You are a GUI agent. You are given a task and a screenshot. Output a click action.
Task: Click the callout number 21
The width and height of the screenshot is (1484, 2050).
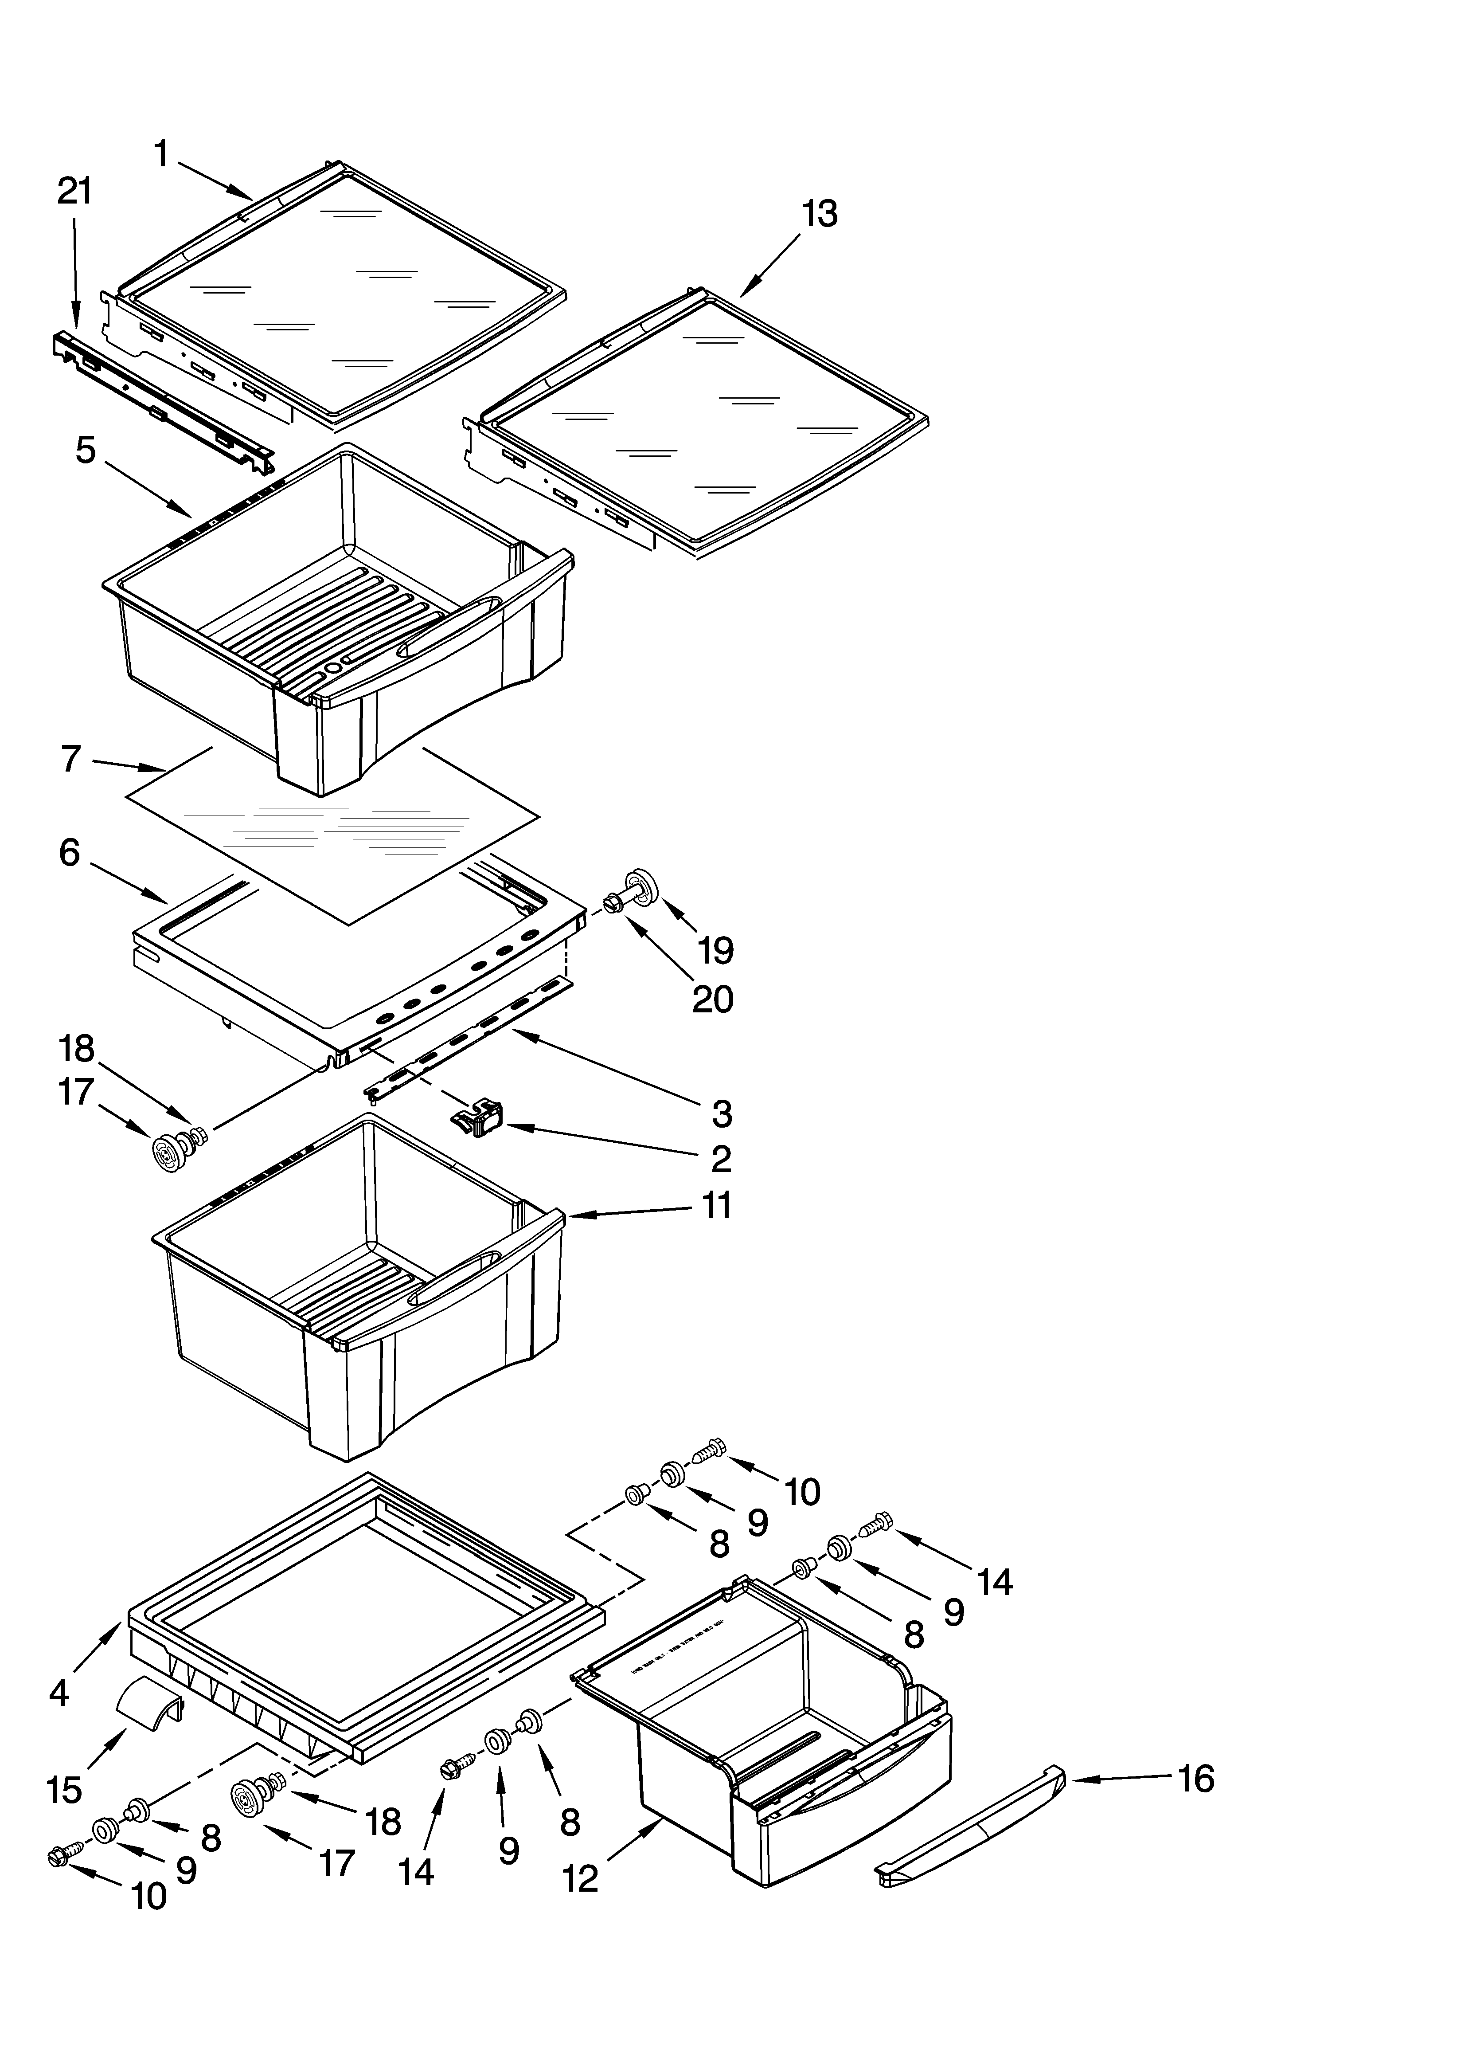[x=74, y=192]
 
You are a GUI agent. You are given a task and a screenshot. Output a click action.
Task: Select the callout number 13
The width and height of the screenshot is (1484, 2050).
[x=819, y=214]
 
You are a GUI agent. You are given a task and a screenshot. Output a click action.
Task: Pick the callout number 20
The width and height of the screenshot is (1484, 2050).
[x=712, y=999]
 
